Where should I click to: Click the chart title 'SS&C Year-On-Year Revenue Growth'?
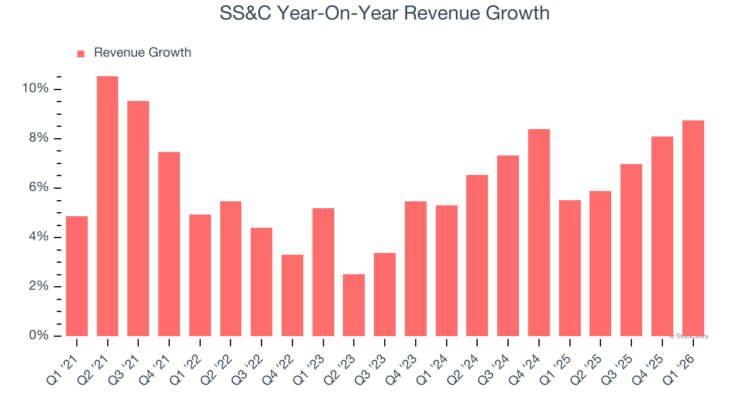coord(384,13)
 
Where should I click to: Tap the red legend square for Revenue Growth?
coord(81,53)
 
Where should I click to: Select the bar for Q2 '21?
coord(107,206)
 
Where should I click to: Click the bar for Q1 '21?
coord(77,276)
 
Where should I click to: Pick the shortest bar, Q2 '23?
coord(354,305)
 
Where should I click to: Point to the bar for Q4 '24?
coord(538,232)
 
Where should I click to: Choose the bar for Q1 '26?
coord(693,228)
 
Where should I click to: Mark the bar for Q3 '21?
coord(138,219)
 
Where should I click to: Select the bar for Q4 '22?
coord(292,295)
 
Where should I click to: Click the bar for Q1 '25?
coord(569,268)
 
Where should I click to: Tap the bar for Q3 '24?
coord(508,246)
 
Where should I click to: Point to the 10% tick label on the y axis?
coord(35,88)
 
